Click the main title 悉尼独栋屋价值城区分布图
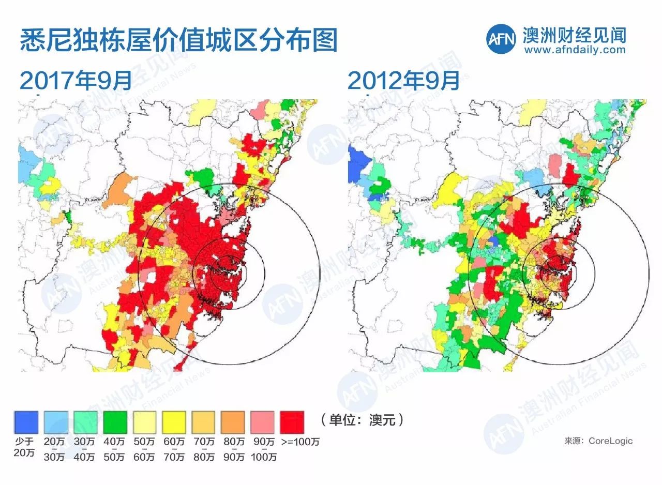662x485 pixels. (178, 40)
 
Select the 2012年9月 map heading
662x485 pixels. (403, 81)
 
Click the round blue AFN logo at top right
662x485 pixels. (501, 38)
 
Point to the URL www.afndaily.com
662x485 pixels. (574, 50)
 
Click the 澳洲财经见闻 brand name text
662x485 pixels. (574, 35)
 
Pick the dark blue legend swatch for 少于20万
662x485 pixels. (26, 422)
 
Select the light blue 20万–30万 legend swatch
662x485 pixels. (56, 422)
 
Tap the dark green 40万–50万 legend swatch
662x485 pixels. (115, 422)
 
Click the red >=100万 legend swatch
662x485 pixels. (292, 422)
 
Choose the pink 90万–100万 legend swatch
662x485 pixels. (263, 422)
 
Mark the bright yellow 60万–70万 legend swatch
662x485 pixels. (174, 422)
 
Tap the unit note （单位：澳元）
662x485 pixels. (362, 419)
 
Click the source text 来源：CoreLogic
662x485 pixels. (598, 441)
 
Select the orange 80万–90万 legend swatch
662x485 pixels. (233, 422)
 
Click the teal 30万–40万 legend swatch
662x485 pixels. (85, 422)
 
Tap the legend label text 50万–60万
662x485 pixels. (144, 449)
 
